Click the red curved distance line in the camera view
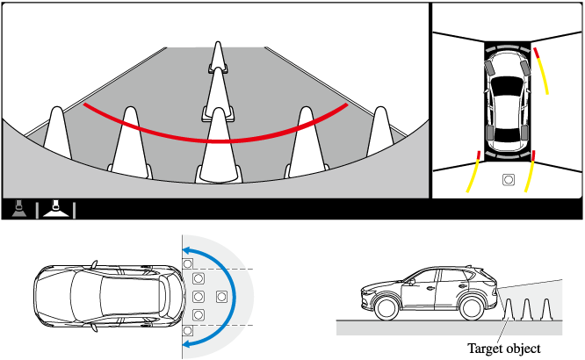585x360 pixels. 216,141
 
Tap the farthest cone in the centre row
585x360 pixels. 218,56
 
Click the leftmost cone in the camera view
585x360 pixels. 57,133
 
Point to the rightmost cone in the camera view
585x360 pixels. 380,132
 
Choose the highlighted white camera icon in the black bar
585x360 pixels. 55,209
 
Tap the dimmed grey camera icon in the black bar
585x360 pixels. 19,209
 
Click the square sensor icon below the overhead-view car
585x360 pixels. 509,180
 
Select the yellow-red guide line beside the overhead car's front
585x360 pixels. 541,70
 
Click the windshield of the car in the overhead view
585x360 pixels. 507,85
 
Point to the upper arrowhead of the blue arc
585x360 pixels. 187,250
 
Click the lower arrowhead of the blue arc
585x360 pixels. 187,343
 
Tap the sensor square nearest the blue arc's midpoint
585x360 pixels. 221,297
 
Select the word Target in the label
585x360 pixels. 484,349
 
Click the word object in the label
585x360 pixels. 522,349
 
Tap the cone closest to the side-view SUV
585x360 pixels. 508,309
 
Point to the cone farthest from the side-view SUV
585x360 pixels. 546,309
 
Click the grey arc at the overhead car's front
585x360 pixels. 508,47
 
